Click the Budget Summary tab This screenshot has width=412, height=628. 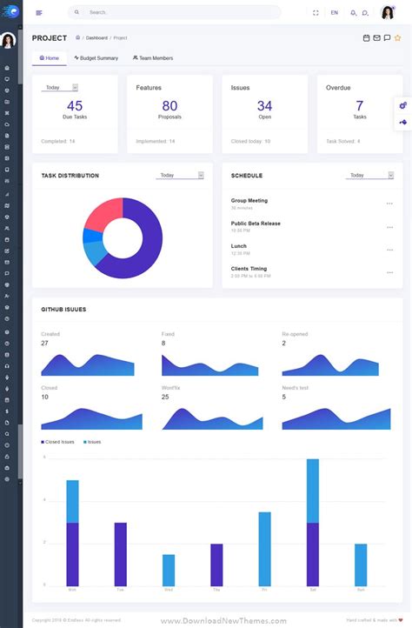pos(96,58)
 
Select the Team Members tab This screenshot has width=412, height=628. pos(153,58)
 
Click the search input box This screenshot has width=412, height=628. pos(174,12)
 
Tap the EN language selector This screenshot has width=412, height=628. pos(335,12)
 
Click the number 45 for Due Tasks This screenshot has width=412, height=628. pos(75,106)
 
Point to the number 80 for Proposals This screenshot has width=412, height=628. pos(169,106)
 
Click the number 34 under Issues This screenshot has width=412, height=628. pos(264,106)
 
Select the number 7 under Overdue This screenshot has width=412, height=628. pos(360,106)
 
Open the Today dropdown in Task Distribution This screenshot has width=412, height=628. pos(180,175)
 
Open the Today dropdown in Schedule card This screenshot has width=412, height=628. pos(370,175)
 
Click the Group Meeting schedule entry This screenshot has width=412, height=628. pos(249,201)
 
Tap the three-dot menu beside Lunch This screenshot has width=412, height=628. pos(389,249)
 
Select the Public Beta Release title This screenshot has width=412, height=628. pos(256,224)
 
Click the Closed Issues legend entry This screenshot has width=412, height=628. pos(58,442)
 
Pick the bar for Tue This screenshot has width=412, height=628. pos(121,554)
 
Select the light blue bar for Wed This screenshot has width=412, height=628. pos(169,570)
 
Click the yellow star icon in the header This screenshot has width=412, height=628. pos(398,38)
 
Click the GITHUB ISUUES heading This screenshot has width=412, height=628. pos(63,309)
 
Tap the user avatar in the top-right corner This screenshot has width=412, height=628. pos(388,12)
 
